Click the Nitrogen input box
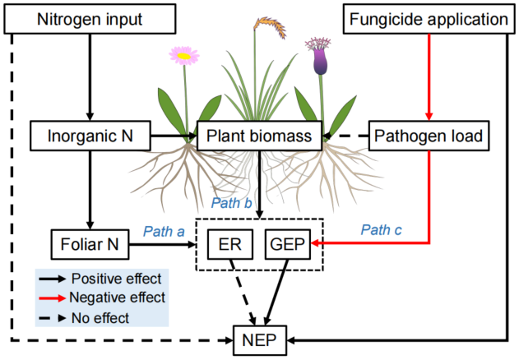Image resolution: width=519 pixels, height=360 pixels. pyautogui.click(x=90, y=18)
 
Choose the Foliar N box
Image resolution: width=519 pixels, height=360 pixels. pyautogui.click(x=90, y=244)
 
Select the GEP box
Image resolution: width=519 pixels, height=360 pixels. pyautogui.click(x=285, y=245)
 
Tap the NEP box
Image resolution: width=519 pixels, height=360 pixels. pyautogui.click(x=259, y=338)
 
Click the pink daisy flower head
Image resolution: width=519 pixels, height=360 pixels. pyautogui.click(x=184, y=56)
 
